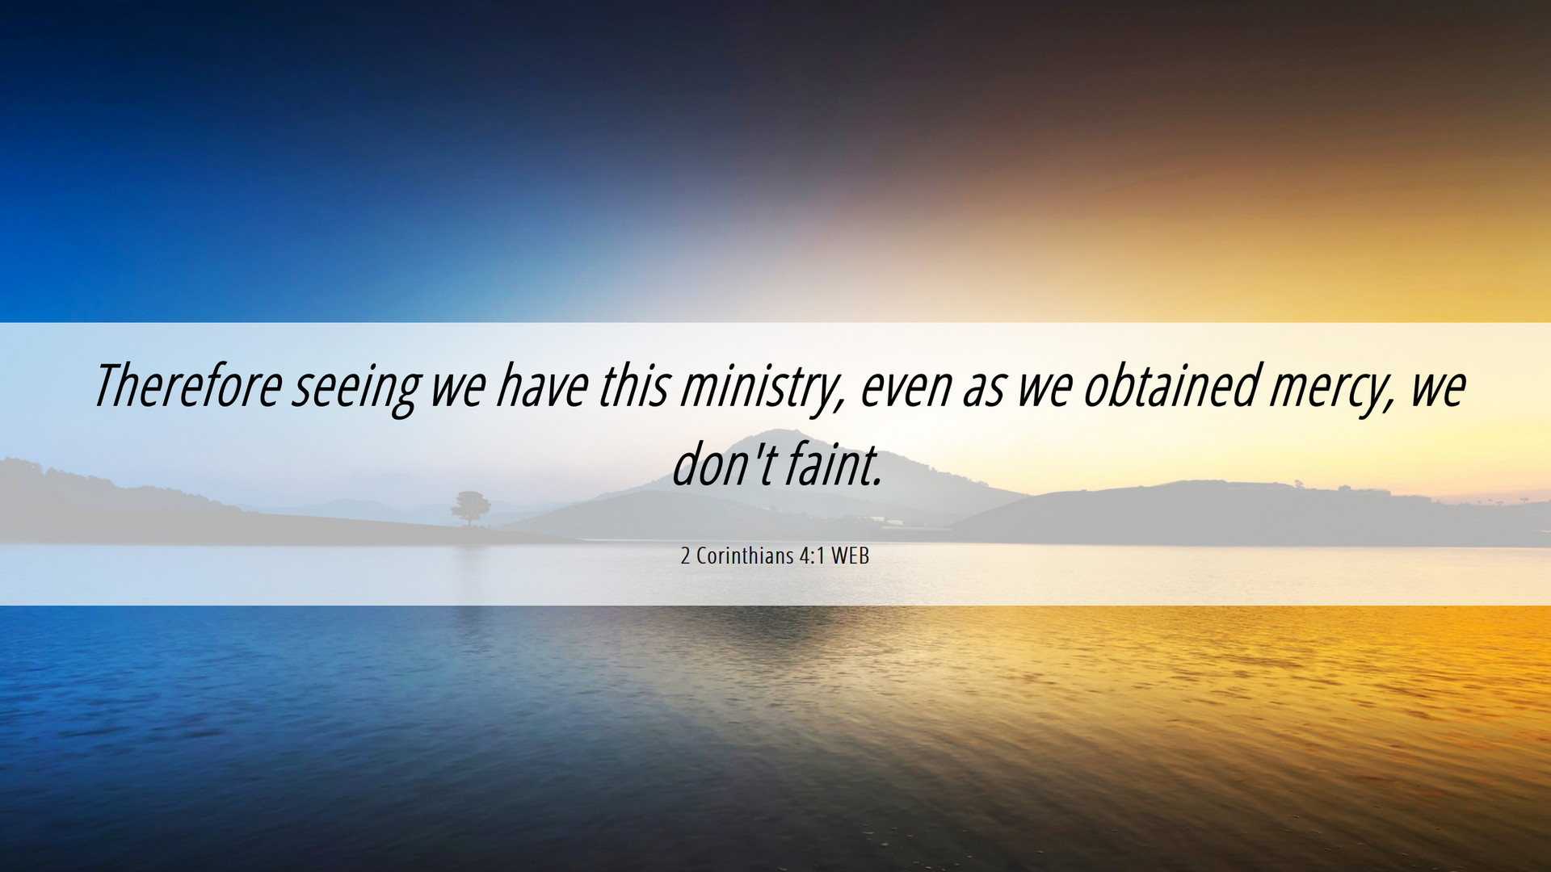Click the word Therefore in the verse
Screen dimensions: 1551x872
click(187, 385)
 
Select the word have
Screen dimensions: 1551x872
click(541, 385)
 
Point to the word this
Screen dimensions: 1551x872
click(634, 385)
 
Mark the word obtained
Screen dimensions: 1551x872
click(1171, 385)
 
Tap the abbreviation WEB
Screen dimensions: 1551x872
click(850, 556)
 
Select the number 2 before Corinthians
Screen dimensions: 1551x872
click(686, 556)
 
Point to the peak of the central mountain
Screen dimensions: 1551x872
click(780, 431)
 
